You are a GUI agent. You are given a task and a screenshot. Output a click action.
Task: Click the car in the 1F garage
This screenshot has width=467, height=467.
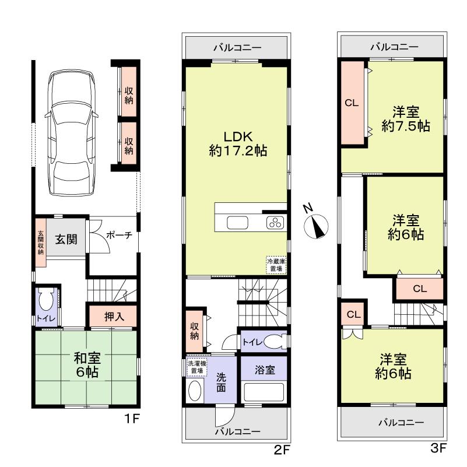coord(72,133)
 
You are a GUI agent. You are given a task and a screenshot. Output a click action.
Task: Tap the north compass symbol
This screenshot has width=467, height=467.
coord(315,225)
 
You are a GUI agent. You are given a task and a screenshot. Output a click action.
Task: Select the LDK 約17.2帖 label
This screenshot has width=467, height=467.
coord(238,143)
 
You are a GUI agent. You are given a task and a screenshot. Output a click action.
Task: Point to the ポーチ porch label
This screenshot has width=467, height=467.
coord(120,236)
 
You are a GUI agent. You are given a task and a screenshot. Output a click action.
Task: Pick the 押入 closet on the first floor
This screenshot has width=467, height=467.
coord(113,316)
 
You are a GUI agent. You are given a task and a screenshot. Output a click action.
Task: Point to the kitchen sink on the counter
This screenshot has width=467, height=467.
coord(237,223)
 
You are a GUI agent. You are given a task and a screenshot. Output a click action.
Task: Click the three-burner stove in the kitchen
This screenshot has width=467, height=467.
coord(274,222)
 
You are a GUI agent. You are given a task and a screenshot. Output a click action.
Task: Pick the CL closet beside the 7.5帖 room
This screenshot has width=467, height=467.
coord(352,103)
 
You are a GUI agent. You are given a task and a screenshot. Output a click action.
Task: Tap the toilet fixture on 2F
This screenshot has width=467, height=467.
coord(273,342)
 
